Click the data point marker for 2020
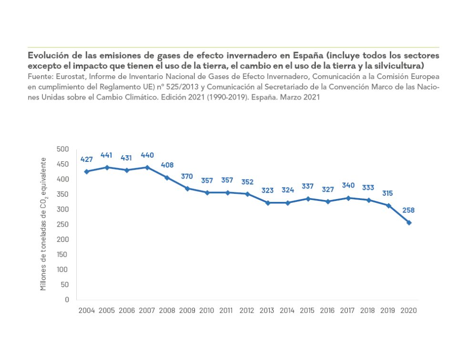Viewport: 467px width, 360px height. click(x=409, y=222)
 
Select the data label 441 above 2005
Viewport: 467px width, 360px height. click(x=106, y=155)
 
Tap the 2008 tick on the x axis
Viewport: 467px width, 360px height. click(x=167, y=310)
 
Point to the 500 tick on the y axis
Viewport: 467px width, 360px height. click(x=63, y=149)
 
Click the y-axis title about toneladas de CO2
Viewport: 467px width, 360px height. click(x=44, y=223)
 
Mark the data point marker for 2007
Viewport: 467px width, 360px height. click(x=147, y=167)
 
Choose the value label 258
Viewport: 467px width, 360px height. click(x=409, y=210)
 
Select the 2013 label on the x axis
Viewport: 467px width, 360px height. click(x=267, y=310)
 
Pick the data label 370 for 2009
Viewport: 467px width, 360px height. click(x=187, y=176)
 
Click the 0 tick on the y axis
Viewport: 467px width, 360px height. click(x=67, y=300)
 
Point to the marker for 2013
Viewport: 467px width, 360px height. click(x=268, y=203)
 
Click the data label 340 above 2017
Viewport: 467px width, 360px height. click(x=348, y=185)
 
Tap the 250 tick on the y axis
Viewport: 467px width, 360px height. click(x=63, y=224)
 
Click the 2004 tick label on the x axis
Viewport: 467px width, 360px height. click(x=86, y=310)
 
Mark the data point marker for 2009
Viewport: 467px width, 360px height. click(x=187, y=189)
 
